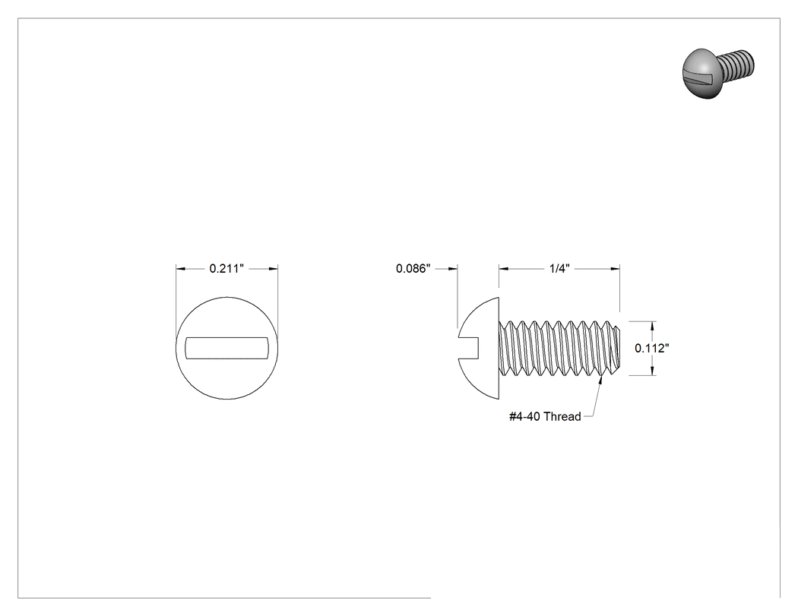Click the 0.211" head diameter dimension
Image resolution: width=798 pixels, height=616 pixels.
click(x=226, y=269)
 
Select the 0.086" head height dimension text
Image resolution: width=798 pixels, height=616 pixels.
click(x=413, y=269)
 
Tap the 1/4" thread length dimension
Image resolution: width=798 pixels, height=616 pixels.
click(x=559, y=269)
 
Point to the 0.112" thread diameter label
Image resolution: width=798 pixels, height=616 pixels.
click(x=652, y=349)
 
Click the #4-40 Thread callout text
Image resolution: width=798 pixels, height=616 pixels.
click(x=545, y=416)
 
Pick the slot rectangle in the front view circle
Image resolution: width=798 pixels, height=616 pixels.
click(x=226, y=348)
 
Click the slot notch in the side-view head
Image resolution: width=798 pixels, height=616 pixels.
click(x=467, y=349)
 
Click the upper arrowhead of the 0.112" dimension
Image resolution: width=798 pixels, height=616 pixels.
click(x=652, y=326)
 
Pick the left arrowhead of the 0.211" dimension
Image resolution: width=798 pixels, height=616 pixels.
click(x=181, y=269)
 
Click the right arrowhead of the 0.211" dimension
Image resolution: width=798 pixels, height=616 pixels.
click(x=273, y=269)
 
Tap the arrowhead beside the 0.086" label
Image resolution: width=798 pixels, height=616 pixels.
click(x=453, y=269)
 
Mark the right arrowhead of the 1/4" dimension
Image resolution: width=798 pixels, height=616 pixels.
click(x=615, y=269)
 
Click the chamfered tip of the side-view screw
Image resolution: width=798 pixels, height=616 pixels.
click(x=617, y=349)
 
